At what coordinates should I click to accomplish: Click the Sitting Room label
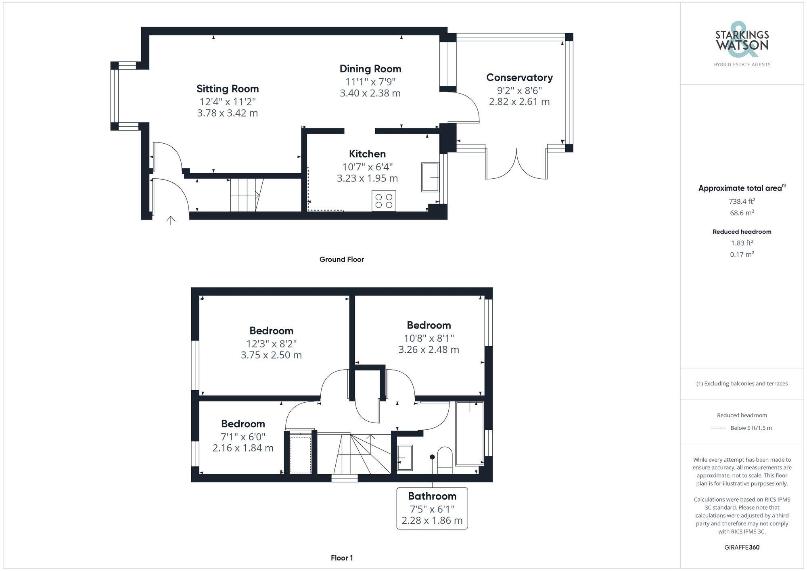click(x=228, y=89)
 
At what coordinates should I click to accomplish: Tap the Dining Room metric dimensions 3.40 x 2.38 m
click(x=370, y=93)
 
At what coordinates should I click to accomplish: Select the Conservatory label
click(x=519, y=77)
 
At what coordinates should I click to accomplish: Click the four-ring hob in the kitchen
click(x=384, y=201)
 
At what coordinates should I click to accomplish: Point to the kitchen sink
click(x=430, y=177)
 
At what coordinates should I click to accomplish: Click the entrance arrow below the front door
click(x=171, y=220)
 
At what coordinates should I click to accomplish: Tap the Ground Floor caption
click(x=341, y=259)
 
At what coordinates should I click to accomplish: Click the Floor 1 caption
click(x=342, y=558)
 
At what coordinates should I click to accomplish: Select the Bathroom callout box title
click(x=432, y=496)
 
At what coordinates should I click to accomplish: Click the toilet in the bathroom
click(x=445, y=460)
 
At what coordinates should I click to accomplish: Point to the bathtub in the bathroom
click(x=470, y=433)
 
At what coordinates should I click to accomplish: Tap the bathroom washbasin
click(x=405, y=458)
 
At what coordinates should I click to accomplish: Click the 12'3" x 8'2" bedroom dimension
click(x=271, y=344)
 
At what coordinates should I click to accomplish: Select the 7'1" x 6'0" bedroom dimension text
click(x=243, y=437)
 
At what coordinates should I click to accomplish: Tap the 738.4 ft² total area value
click(x=742, y=201)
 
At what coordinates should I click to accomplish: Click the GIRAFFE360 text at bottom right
click(x=742, y=548)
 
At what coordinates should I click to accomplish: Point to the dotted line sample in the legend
click(x=719, y=428)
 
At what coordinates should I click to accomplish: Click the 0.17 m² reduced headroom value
click(x=742, y=255)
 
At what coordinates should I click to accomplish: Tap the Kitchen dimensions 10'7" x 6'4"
click(x=367, y=167)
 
